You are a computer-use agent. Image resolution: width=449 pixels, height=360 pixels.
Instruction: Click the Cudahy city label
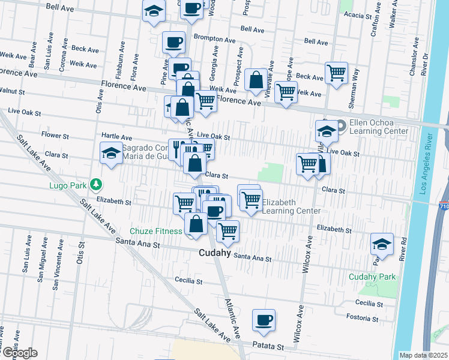215,253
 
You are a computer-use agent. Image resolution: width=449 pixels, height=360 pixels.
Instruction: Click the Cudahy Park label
373,277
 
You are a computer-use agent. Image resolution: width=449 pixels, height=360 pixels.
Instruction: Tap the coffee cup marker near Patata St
264,319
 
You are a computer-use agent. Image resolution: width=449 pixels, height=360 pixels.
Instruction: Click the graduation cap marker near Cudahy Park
382,244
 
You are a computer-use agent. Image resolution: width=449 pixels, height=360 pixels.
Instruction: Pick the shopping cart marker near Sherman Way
337,73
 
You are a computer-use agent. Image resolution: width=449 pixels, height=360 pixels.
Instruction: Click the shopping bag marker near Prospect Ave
256,79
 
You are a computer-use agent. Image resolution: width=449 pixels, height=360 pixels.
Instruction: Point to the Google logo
19,353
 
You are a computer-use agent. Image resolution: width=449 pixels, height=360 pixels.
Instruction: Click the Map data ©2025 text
423,355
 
